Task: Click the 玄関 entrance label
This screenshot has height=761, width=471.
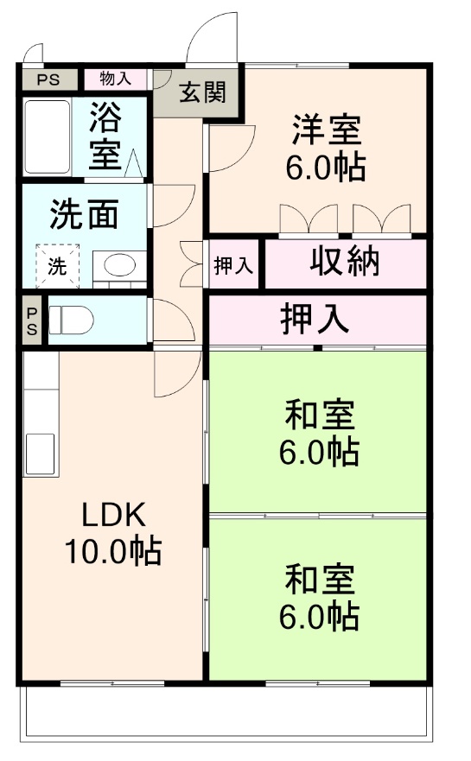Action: point(202,92)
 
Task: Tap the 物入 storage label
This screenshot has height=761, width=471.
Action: point(116,79)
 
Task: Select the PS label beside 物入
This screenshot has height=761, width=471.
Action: point(48,79)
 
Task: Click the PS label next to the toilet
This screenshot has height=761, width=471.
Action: point(32,321)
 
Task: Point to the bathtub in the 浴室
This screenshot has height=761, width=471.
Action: point(47,136)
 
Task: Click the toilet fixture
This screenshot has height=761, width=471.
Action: point(71,320)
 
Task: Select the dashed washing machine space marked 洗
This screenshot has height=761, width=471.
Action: point(57,266)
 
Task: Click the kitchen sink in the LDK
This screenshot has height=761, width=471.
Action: point(40,453)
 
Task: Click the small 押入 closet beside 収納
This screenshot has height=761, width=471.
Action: point(233,265)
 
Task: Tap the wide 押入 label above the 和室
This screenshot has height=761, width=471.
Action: point(315,319)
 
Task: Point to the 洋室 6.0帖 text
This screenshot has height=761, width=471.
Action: point(326,149)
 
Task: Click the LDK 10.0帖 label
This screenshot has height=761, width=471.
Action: point(113,533)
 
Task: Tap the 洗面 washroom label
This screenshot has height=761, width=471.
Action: point(84,214)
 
